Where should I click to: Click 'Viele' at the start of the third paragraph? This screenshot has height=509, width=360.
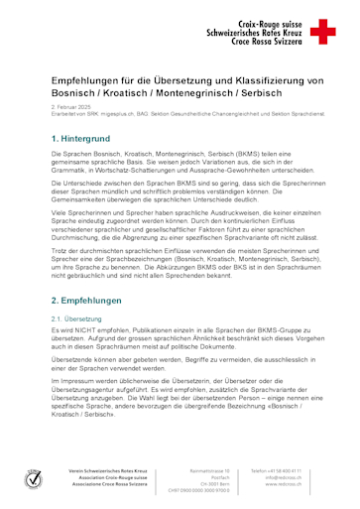(x=60, y=212)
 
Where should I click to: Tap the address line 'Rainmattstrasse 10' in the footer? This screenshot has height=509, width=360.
(x=210, y=471)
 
